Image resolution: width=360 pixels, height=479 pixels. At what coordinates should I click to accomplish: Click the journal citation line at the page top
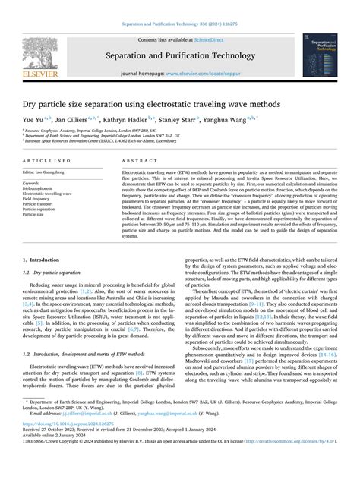180,24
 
